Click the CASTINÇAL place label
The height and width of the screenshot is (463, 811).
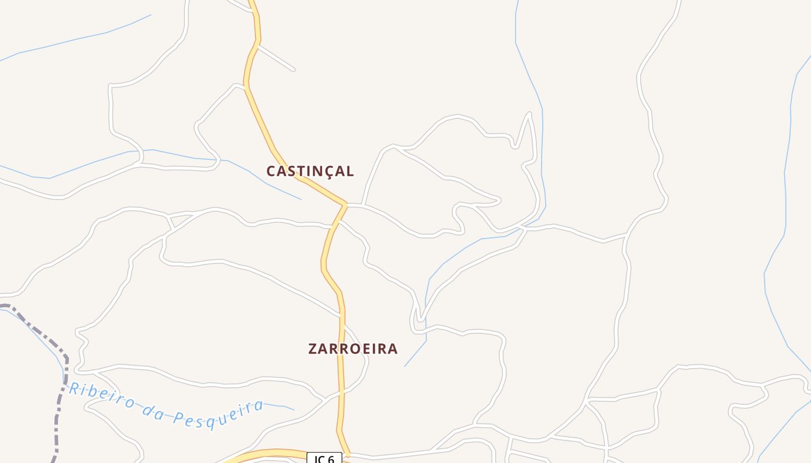pyautogui.click(x=310, y=171)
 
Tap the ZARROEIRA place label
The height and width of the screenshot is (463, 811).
pyautogui.click(x=353, y=349)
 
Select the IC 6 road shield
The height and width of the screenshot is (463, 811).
pyautogui.click(x=324, y=458)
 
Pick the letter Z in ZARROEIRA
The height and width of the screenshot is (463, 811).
pyautogui.click(x=313, y=349)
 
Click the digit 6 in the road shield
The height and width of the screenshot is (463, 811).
pyautogui.click(x=331, y=459)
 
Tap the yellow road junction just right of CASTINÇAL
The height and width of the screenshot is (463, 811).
pyautogui.click(x=345, y=204)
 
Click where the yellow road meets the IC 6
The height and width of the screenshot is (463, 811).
pyautogui.click(x=346, y=454)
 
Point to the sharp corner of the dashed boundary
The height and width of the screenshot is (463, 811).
pyautogui.click(x=66, y=359)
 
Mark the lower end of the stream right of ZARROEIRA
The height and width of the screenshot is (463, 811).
pyautogui.click(x=405, y=365)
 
